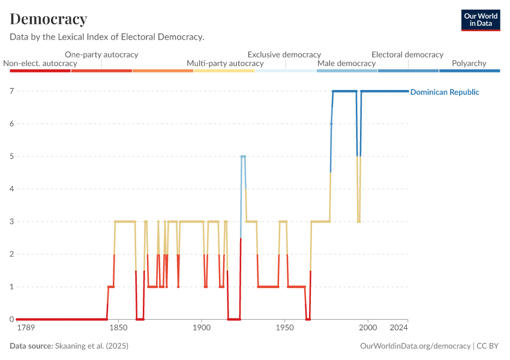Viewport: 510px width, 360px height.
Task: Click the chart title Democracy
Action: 49,19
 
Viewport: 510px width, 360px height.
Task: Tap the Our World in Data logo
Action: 481,20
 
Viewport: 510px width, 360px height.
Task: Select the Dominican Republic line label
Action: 445,92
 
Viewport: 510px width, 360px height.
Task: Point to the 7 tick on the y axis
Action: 11,91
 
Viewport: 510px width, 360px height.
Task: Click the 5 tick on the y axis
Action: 11,157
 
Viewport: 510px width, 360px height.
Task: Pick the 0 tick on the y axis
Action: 11,319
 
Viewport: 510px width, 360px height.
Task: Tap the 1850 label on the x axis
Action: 118,329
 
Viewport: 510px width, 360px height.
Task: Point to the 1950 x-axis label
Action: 284,329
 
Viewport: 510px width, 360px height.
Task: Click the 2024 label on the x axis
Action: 398,329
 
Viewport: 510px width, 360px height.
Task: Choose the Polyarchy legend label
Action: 469,63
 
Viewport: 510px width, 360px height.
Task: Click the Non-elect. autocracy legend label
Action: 40,63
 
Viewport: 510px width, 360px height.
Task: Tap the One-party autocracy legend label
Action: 101,55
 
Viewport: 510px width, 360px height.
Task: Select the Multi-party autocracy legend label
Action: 225,63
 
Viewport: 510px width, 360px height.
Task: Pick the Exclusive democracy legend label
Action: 284,55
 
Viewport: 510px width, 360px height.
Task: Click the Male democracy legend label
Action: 346,63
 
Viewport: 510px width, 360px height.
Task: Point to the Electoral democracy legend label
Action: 407,55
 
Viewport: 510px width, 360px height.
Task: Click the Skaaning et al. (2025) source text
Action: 92,346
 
